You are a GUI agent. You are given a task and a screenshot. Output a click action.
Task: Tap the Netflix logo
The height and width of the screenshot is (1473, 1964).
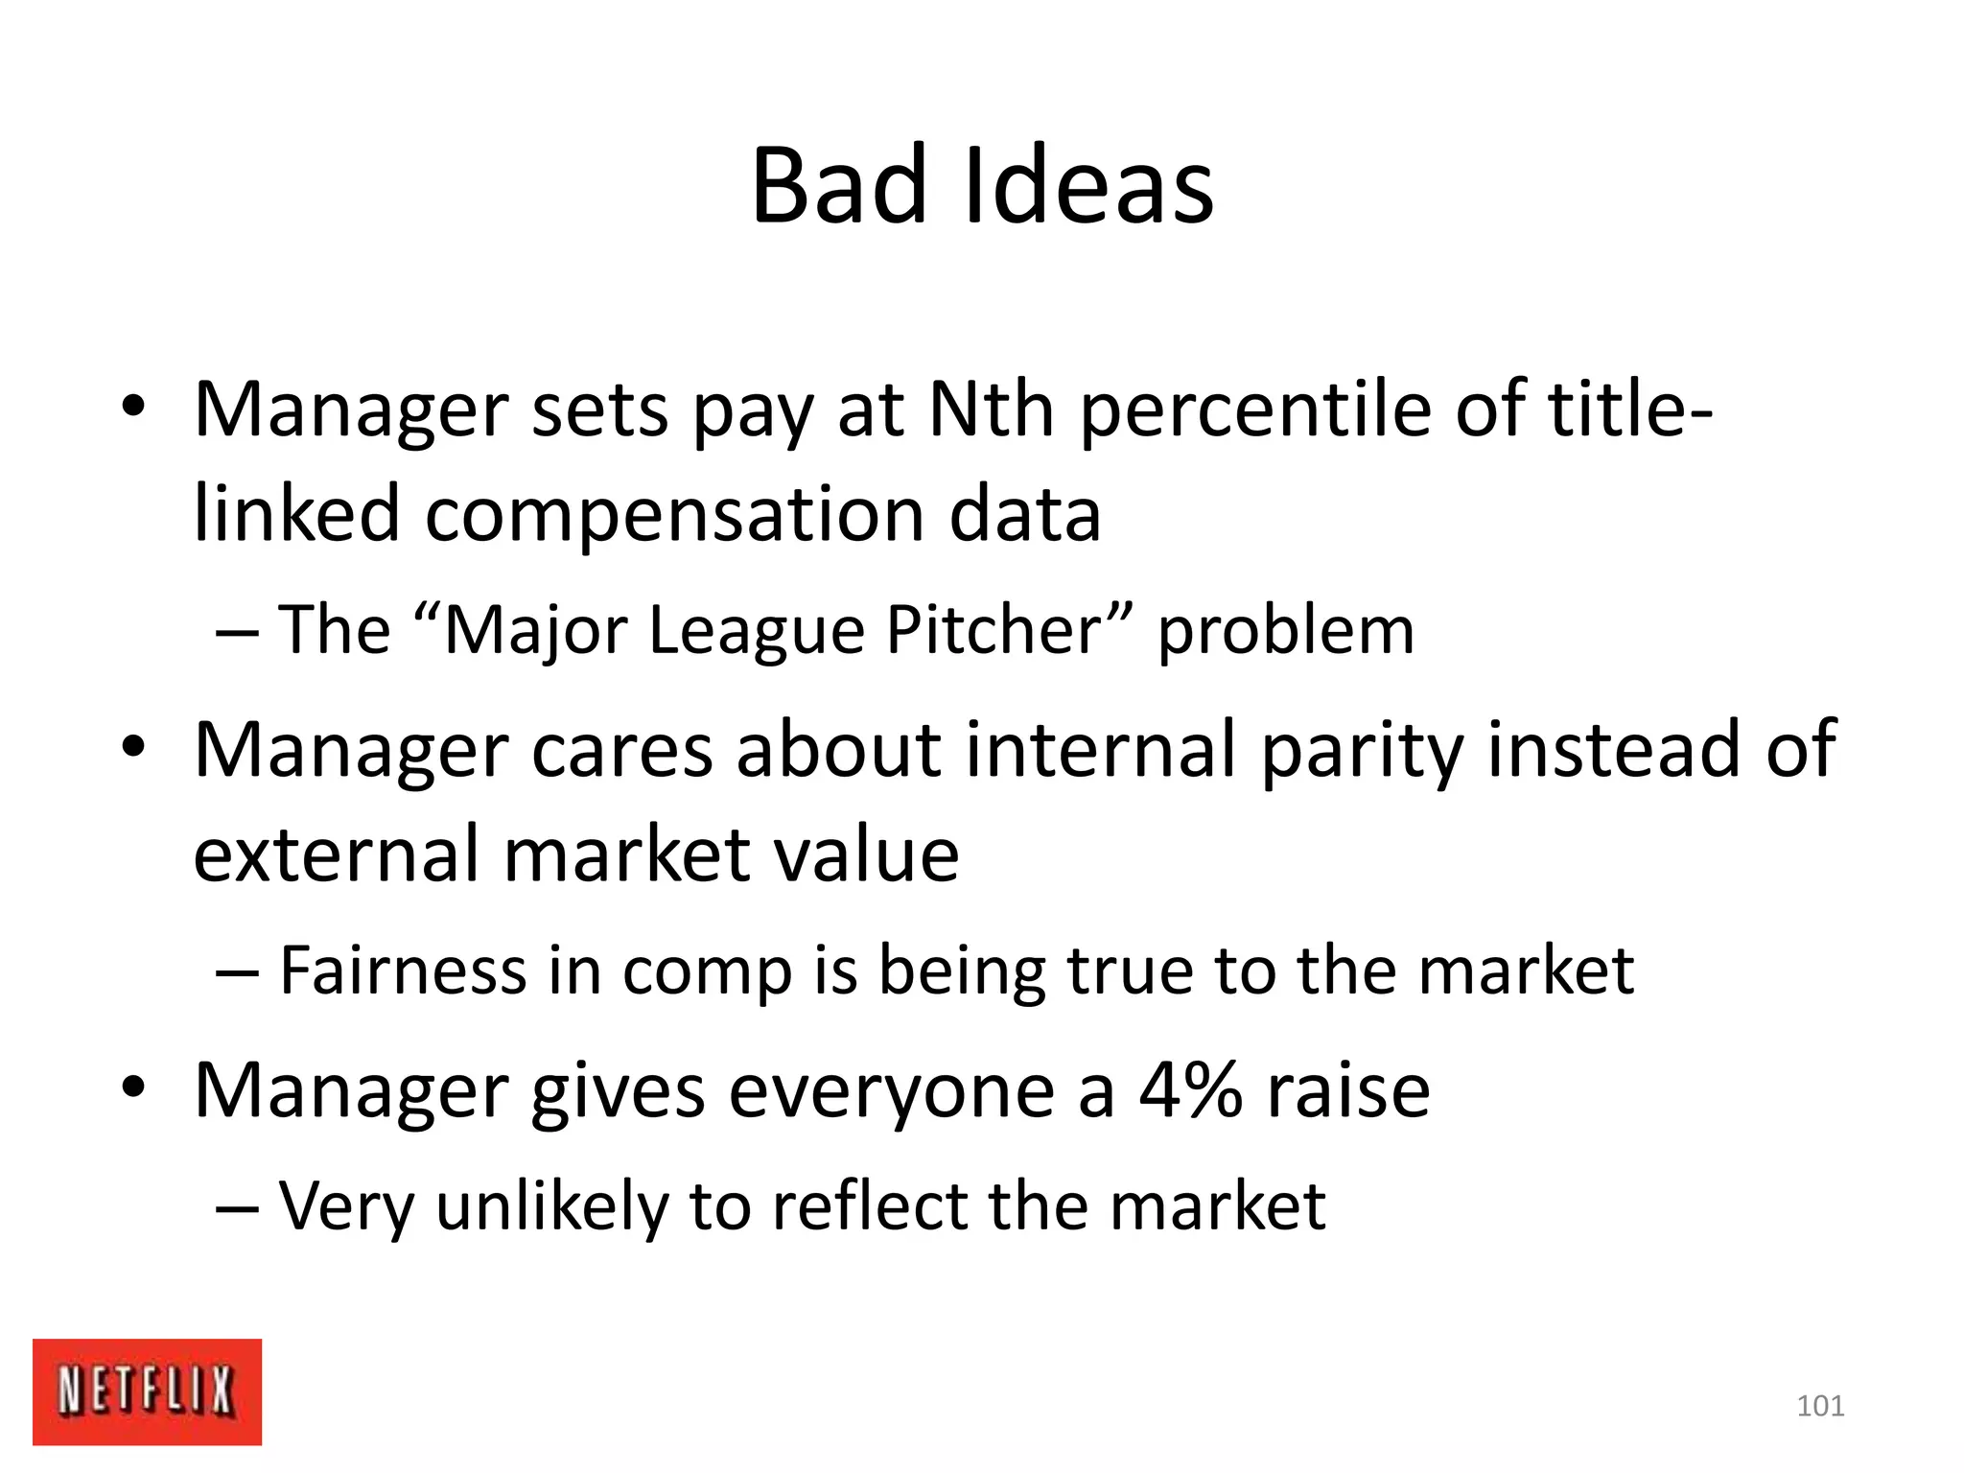[x=147, y=1391]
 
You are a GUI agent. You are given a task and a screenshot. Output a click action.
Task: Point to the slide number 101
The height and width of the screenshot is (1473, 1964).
[x=1819, y=1406]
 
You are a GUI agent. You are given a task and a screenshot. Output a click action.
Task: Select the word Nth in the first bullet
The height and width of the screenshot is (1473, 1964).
[x=992, y=410]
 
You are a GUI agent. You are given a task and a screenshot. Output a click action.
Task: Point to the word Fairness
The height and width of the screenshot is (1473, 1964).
[x=403, y=970]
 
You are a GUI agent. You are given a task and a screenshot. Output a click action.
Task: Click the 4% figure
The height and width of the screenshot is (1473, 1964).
[x=1190, y=1091]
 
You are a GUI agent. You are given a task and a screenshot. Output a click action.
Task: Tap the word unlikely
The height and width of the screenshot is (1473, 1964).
[x=550, y=1206]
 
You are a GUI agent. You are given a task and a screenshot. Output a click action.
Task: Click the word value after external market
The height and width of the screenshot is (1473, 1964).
[x=866, y=854]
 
